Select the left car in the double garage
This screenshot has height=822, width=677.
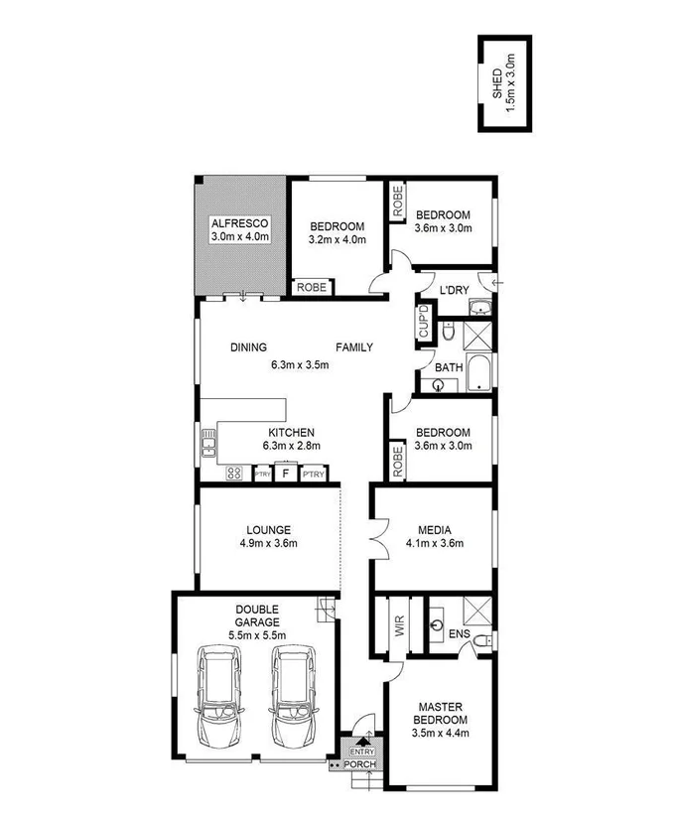pyautogui.click(x=218, y=699)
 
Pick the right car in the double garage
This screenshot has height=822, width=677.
pyautogui.click(x=293, y=699)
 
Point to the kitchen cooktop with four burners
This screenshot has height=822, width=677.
pyautogui.click(x=236, y=474)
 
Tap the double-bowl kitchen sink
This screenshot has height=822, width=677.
pyautogui.click(x=207, y=442)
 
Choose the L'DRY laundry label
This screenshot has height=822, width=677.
pyautogui.click(x=453, y=290)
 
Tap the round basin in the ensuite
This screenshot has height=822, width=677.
pyautogui.click(x=438, y=626)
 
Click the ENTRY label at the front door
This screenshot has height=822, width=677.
pyautogui.click(x=361, y=753)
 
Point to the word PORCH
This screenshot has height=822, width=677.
pyautogui.click(x=360, y=766)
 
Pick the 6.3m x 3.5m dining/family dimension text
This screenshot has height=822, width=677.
pyautogui.click(x=300, y=364)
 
